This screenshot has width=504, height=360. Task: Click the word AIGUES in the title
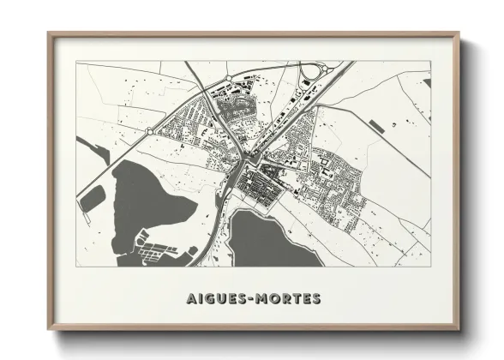(216, 299)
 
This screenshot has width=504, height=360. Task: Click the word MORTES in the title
(287, 299)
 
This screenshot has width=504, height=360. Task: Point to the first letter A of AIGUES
(190, 299)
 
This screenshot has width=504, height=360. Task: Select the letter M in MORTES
(260, 299)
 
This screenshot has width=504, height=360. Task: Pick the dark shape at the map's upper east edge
(425, 83)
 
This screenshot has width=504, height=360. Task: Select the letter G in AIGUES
(209, 299)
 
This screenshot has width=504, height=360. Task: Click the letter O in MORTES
(273, 299)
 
